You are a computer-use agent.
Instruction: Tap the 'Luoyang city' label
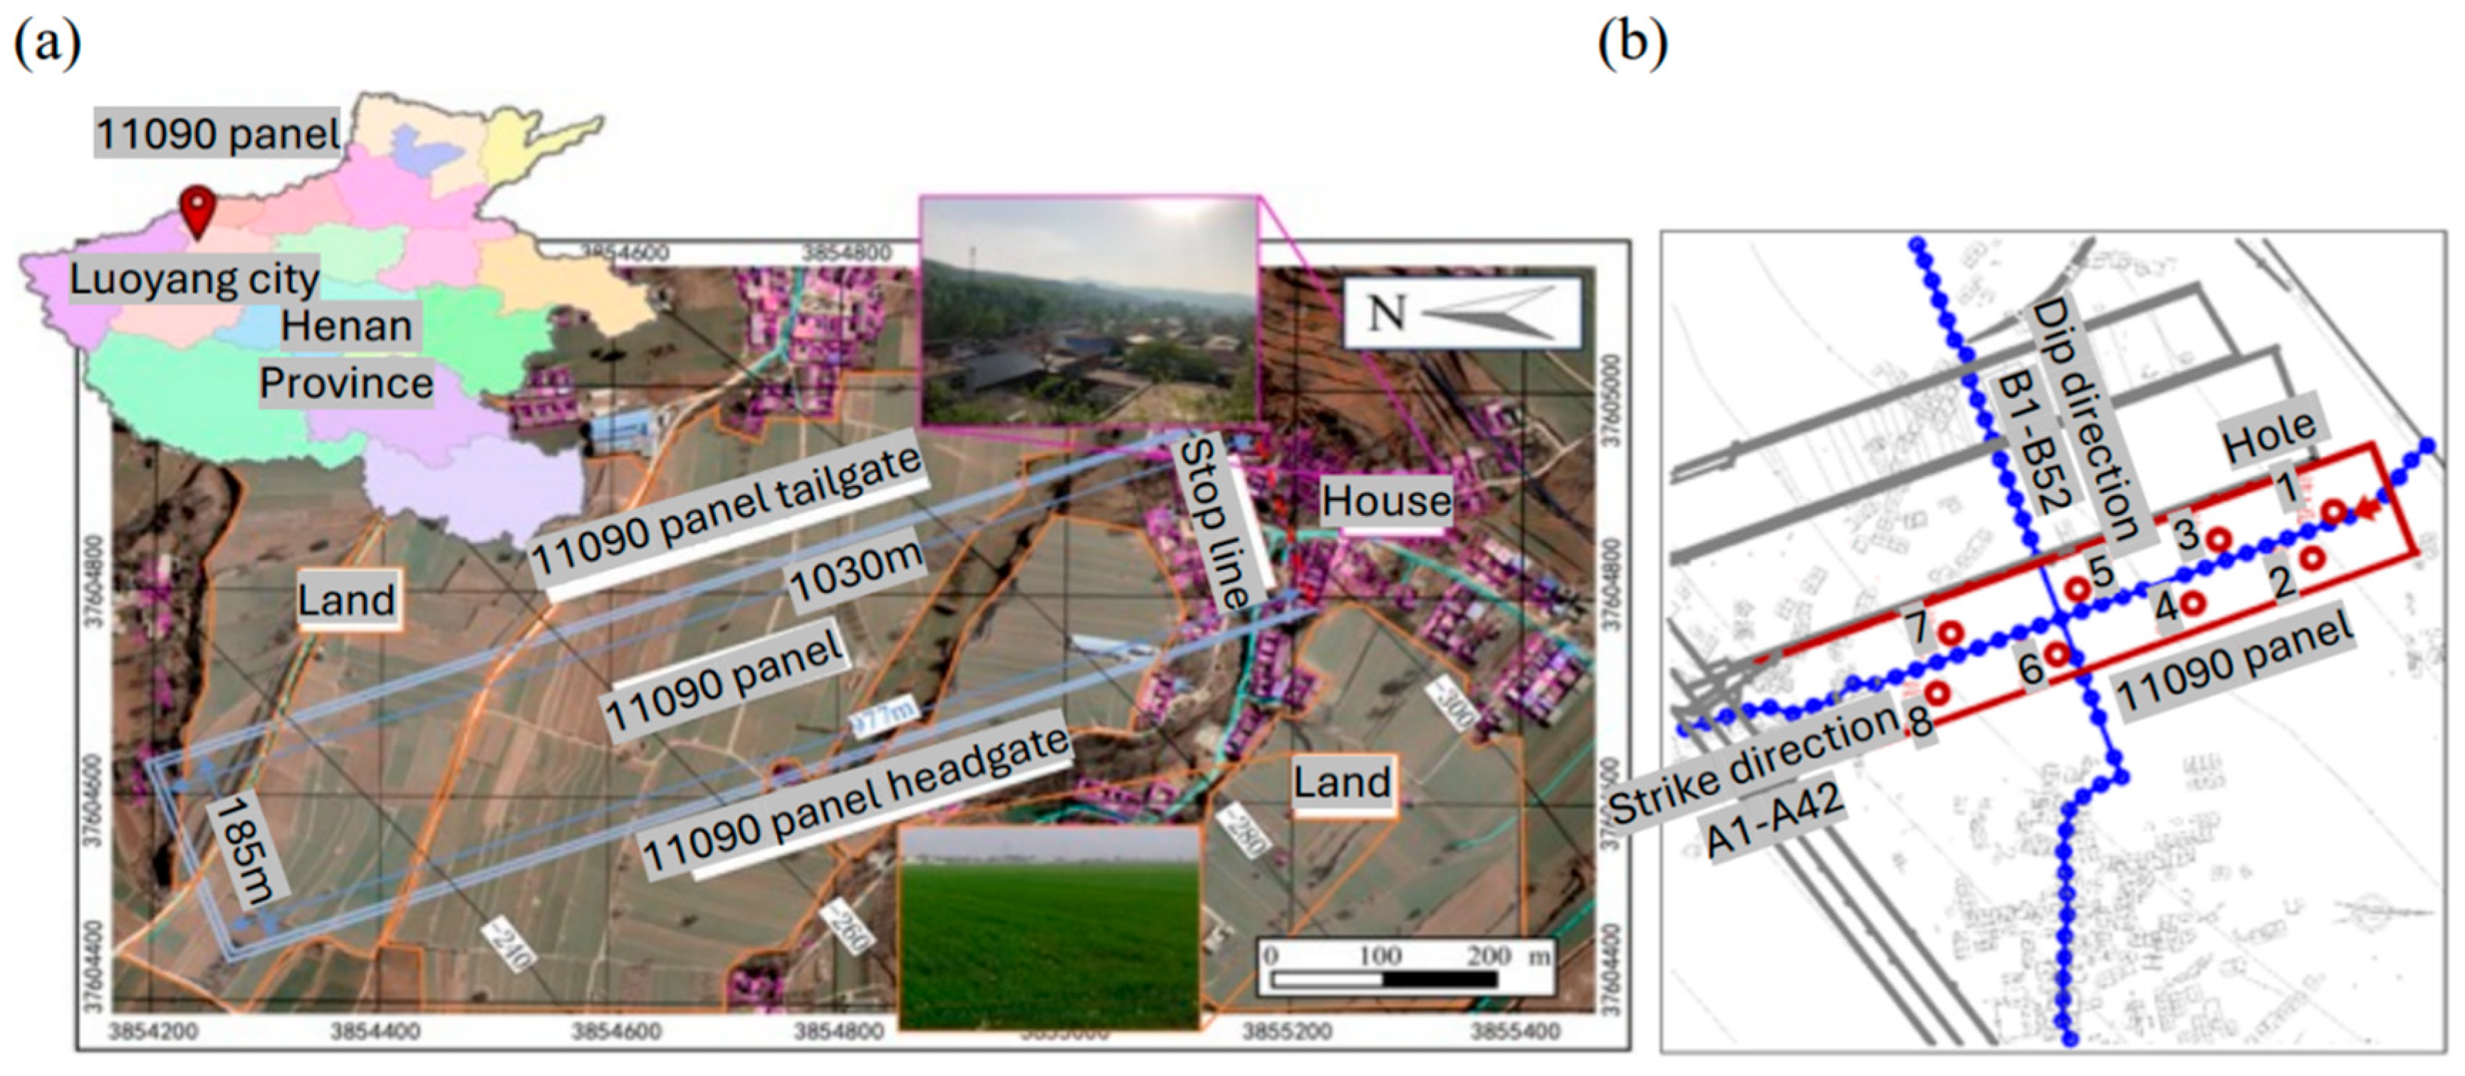(x=194, y=279)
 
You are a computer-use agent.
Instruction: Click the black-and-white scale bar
(x=1384, y=979)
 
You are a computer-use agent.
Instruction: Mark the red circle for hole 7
(x=1950, y=633)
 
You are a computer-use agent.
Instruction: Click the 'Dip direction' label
(x=2083, y=419)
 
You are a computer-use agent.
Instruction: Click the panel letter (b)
(x=1632, y=43)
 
